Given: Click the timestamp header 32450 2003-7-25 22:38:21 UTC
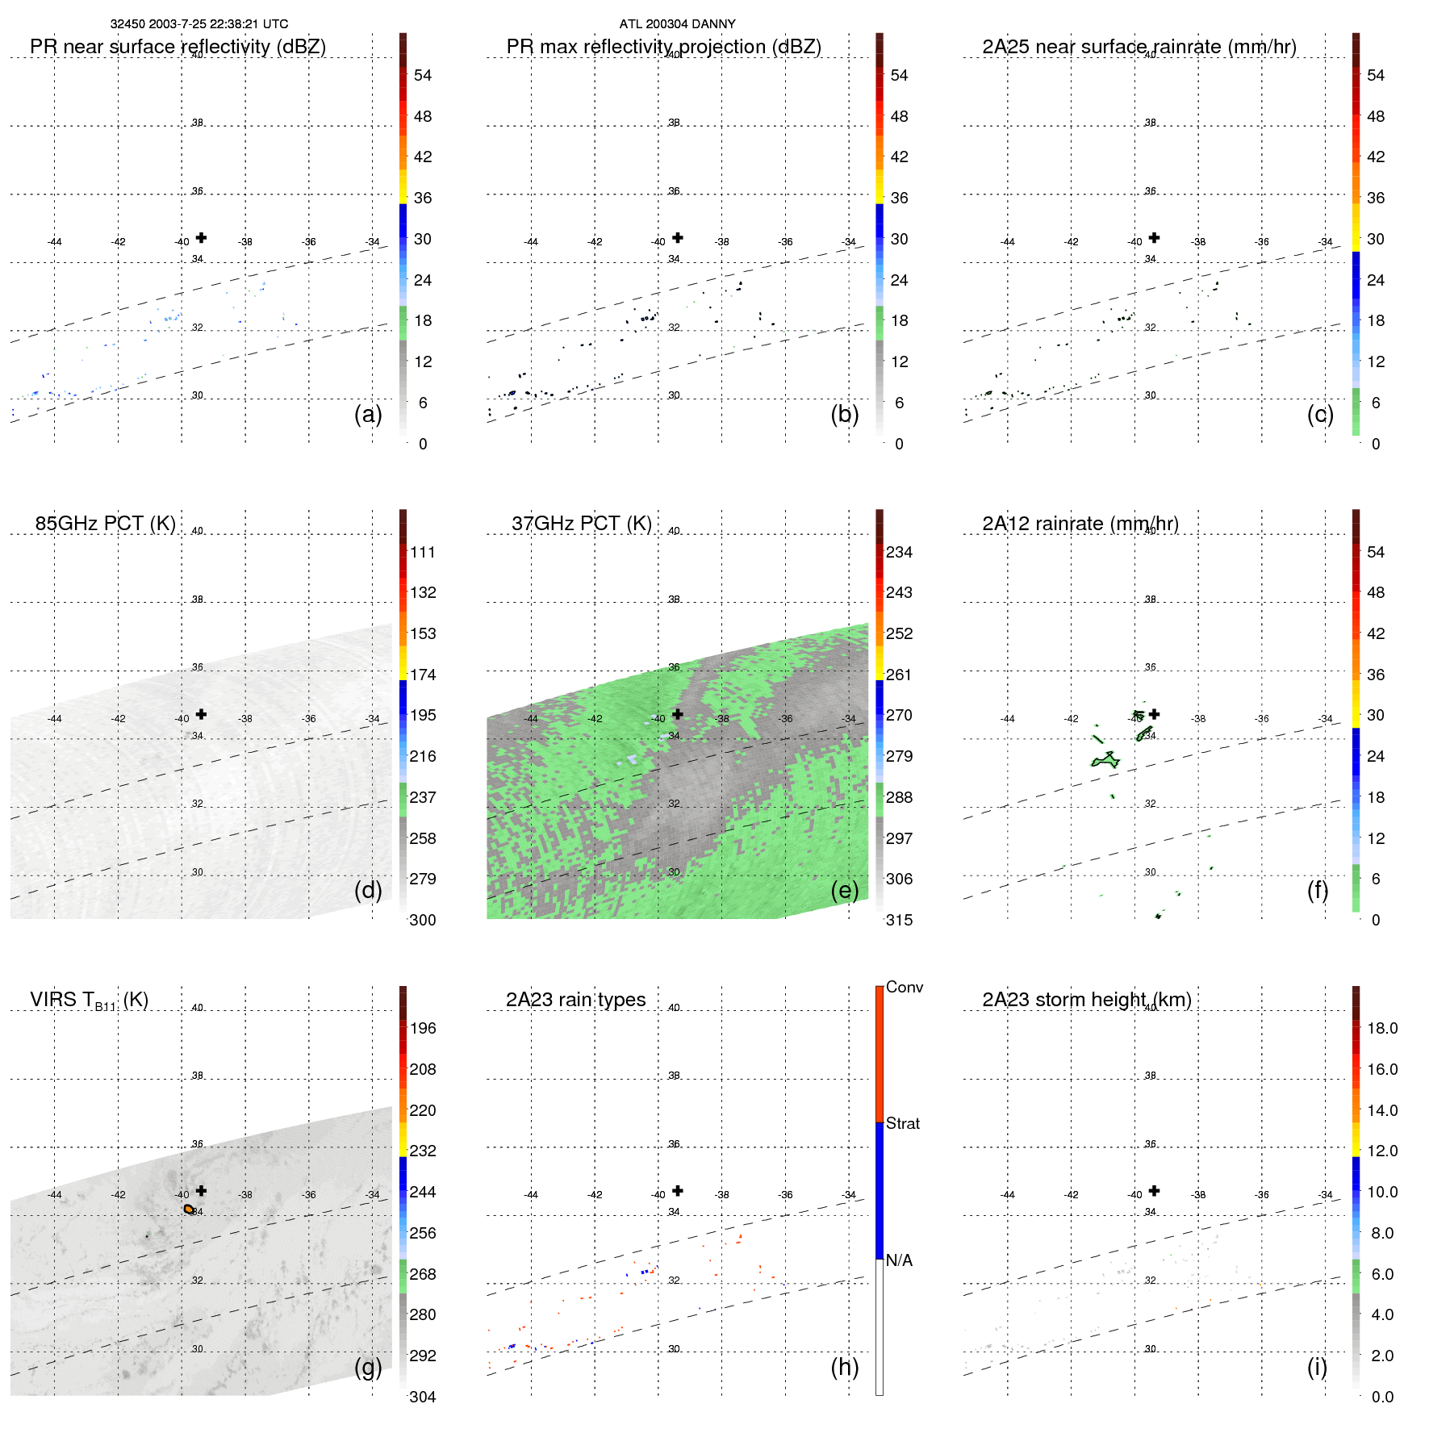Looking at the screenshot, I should pyautogui.click(x=198, y=24).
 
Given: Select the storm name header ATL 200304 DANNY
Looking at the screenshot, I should pyautogui.click(x=677, y=24).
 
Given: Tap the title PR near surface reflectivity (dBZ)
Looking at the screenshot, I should pyautogui.click(x=178, y=47).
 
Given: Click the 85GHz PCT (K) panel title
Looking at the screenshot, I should pyautogui.click(x=105, y=524).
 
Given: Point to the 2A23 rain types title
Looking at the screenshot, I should pyautogui.click(x=575, y=1000).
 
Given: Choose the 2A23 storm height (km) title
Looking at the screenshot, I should pyautogui.click(x=1086, y=1000).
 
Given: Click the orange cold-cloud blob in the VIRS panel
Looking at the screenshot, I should pyautogui.click(x=189, y=1209).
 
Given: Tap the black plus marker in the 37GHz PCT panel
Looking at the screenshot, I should pyautogui.click(x=678, y=714).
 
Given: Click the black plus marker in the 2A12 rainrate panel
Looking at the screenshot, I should pyautogui.click(x=1155, y=714).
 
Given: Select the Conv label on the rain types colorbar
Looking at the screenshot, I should pyautogui.click(x=904, y=988).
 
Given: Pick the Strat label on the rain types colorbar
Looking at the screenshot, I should pyautogui.click(x=902, y=1124).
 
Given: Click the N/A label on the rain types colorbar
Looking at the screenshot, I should pyautogui.click(x=899, y=1260).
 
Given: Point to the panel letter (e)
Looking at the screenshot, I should pyautogui.click(x=844, y=890).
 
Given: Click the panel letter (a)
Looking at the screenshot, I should pyautogui.click(x=368, y=414).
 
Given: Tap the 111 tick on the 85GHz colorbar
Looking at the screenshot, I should pyautogui.click(x=422, y=553).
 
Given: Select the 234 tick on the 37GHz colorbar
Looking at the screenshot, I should pyautogui.click(x=899, y=553).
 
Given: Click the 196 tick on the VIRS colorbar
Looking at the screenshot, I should pyautogui.click(x=422, y=1029).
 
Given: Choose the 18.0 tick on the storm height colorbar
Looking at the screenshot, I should pyautogui.click(x=1381, y=1029).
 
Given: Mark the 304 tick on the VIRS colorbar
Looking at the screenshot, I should pyautogui.click(x=422, y=1397).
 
